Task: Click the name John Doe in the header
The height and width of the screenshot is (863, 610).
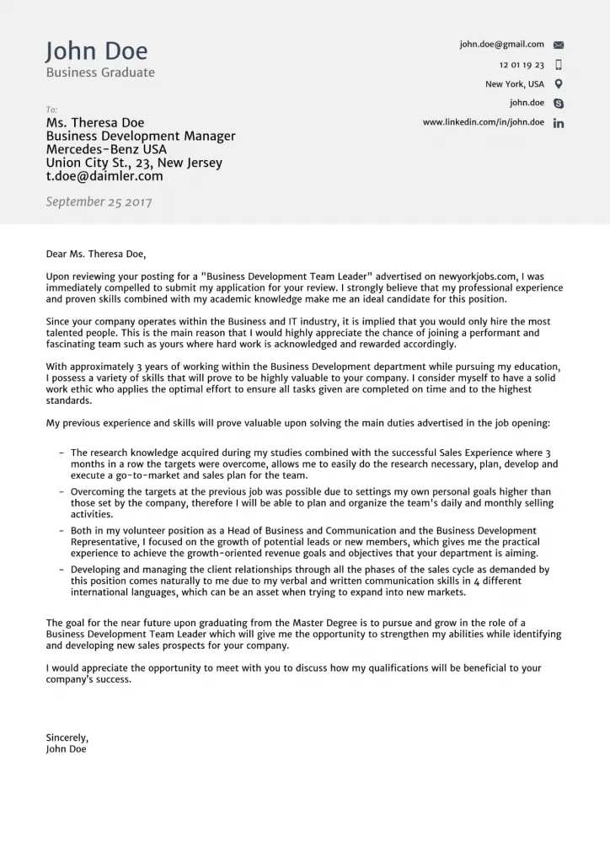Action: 96,51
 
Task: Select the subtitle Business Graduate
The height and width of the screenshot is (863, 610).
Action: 100,72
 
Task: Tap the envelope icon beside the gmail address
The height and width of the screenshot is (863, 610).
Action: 559,45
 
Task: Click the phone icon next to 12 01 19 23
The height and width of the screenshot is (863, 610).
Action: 559,65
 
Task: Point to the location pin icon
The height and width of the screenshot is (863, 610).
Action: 559,84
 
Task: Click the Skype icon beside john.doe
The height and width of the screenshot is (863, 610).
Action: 559,104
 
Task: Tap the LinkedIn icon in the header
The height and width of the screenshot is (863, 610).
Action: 559,123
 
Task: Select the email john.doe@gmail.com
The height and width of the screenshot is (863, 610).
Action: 501,45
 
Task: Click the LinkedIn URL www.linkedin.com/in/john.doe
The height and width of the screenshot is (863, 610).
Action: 483,122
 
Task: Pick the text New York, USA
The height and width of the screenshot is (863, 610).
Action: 514,84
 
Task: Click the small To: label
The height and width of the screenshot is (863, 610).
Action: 52,110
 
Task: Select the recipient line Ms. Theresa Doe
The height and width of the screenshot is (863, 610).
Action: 95,122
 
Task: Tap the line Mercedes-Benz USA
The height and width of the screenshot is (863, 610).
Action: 106,149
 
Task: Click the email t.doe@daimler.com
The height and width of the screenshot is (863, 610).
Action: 104,176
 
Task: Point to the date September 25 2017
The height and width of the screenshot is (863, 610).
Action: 99,202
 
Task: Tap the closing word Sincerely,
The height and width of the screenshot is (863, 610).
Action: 67,737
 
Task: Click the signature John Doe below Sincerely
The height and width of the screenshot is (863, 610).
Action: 66,748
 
